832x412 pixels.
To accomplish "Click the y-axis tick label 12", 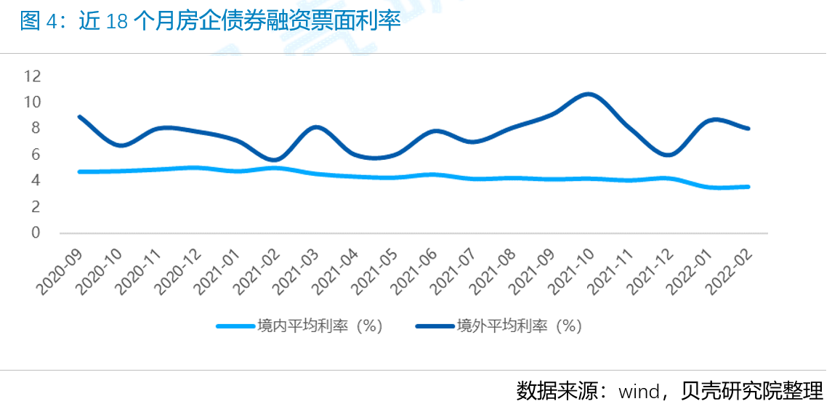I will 33,76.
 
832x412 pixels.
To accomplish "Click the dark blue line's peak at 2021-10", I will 589,94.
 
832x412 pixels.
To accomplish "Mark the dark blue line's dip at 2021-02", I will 275,160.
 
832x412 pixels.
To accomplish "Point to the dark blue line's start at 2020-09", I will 79,116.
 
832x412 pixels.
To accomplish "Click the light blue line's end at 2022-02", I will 748,187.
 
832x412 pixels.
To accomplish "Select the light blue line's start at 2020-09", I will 79,171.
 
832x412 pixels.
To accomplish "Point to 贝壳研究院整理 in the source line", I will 753,391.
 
